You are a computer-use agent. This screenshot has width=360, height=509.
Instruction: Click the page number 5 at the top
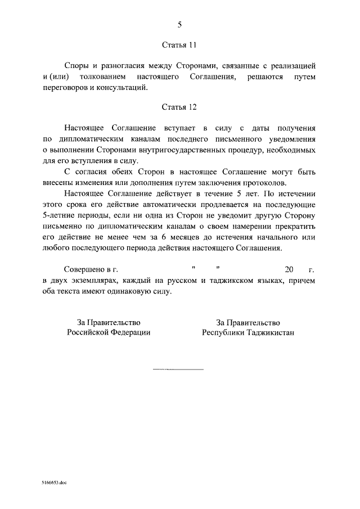tap(179, 24)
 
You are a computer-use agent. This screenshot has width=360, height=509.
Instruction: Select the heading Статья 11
tap(179, 43)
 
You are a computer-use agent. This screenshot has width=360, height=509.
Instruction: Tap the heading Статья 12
tap(179, 106)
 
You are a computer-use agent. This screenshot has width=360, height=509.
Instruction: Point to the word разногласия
tap(125, 66)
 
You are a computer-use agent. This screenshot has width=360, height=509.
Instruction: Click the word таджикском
tap(232, 280)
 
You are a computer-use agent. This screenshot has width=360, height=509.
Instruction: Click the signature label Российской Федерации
tap(109, 332)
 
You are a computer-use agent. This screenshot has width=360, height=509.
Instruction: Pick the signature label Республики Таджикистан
tap(248, 332)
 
